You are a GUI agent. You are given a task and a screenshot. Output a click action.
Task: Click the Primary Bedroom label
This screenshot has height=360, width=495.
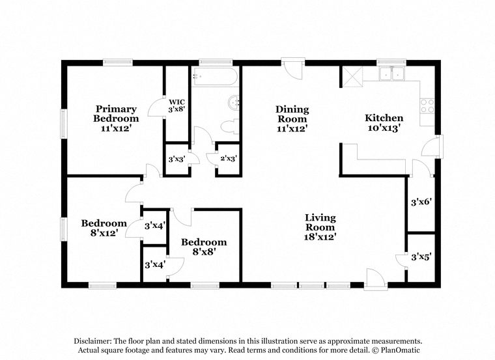[x=116, y=118]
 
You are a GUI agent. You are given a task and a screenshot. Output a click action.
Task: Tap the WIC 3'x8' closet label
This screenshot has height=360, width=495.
[x=177, y=105]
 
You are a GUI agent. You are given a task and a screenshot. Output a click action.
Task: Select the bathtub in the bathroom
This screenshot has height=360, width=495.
[x=215, y=77]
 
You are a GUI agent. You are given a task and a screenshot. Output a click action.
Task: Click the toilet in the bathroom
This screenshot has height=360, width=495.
[x=229, y=126]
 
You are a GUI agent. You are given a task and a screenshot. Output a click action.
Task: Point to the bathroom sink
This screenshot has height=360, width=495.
[x=234, y=103]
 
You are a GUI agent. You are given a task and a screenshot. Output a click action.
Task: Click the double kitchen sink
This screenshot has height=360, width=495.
[x=392, y=74]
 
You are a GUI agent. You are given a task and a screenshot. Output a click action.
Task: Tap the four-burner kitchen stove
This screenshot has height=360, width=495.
[x=427, y=106]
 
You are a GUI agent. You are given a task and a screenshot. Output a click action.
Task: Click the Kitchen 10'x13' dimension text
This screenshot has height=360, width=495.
[x=384, y=128]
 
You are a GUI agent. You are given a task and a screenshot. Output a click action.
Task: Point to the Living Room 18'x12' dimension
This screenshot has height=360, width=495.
[x=320, y=236]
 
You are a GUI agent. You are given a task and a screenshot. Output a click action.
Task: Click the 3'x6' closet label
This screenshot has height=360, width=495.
[x=421, y=202]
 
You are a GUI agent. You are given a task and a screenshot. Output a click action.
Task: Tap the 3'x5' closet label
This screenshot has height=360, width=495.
[x=421, y=257]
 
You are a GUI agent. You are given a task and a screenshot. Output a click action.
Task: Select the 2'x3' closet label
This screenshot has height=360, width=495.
[x=229, y=158]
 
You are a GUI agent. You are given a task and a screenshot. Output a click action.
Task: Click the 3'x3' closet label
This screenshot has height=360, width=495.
[x=177, y=159]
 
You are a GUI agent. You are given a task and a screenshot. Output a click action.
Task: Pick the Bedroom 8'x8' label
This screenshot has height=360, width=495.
[x=204, y=247]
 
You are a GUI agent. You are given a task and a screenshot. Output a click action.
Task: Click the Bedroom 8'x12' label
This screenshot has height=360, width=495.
[x=104, y=228]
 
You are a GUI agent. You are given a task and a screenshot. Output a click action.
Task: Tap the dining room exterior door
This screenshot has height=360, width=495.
[x=293, y=68]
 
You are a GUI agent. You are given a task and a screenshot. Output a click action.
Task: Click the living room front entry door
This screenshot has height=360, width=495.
[x=376, y=279]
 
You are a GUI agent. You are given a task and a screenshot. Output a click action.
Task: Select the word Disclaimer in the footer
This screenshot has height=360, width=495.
[x=92, y=341]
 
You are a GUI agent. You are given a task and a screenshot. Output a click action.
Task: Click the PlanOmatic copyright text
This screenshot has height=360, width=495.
[x=396, y=350]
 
